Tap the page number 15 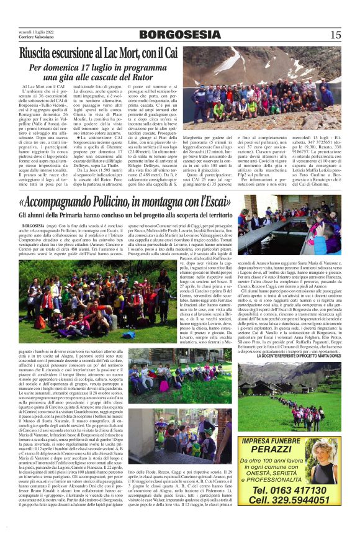[336, 35]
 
